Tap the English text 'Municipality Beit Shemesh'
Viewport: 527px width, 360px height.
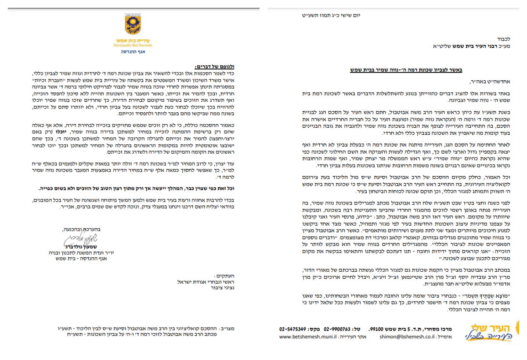click(x=132, y=45)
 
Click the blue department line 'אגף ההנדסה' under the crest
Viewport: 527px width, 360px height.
click(x=133, y=52)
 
